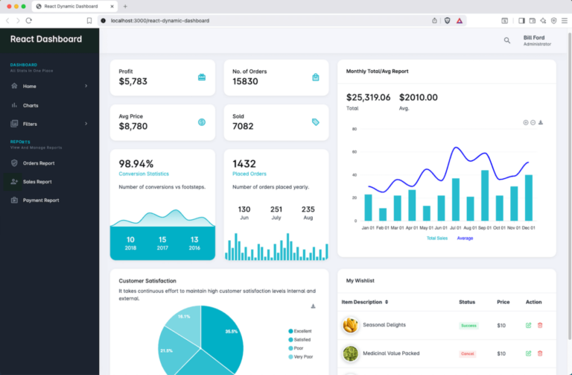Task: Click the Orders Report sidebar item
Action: (x=38, y=163)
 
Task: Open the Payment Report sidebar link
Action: (x=40, y=201)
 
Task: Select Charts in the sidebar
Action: (x=31, y=105)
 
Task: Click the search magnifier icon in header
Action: (x=507, y=40)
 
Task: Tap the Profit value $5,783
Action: (x=133, y=81)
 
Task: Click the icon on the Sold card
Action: (x=316, y=122)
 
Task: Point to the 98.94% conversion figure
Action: (x=136, y=164)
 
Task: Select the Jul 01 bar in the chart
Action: (x=456, y=199)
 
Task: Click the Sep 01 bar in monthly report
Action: (x=485, y=195)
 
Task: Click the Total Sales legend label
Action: (x=437, y=239)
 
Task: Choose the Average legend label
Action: (x=465, y=239)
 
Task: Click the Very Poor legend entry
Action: (x=303, y=357)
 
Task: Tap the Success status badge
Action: (x=468, y=326)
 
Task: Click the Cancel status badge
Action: (x=468, y=353)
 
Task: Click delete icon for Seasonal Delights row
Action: (x=540, y=325)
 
